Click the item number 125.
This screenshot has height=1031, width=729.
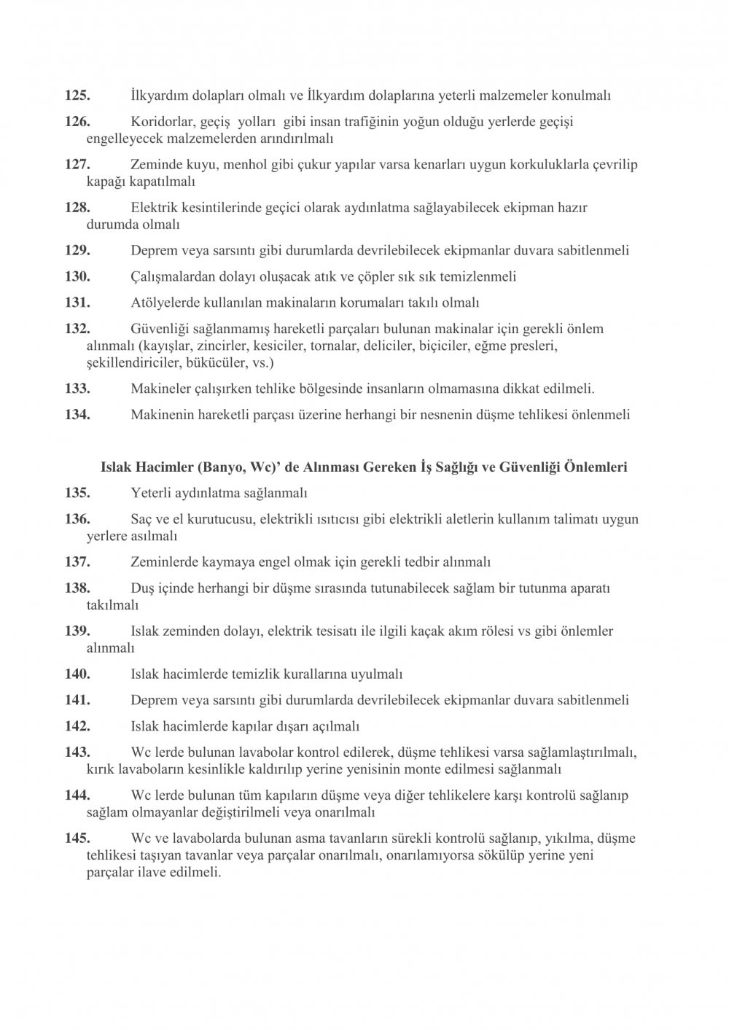pos(77,96)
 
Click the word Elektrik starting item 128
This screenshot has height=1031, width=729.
pos(155,208)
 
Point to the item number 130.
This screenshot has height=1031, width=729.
pos(77,276)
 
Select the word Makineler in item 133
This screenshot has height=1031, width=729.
pos(160,389)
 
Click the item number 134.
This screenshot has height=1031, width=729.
pos(77,415)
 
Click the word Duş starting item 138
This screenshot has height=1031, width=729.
pos(141,588)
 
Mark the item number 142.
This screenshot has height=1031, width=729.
pos(77,726)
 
